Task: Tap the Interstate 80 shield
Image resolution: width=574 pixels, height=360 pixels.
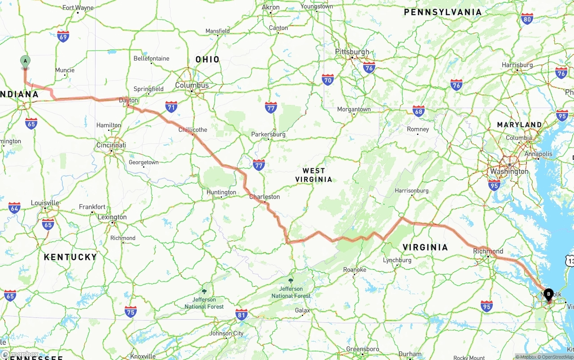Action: (527, 19)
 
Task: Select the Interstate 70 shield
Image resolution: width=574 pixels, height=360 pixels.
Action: (328, 80)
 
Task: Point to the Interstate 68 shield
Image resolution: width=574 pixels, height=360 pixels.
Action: (418, 111)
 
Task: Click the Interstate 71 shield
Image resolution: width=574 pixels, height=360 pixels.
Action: (171, 107)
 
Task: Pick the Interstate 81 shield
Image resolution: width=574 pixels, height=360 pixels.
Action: (241, 315)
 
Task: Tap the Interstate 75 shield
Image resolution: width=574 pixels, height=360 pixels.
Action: (130, 312)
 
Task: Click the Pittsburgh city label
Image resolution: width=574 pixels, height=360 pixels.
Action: (352, 52)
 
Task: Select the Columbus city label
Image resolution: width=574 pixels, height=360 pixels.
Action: (192, 85)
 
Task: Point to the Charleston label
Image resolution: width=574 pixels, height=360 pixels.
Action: (265, 196)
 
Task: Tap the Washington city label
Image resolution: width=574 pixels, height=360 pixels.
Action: (509, 171)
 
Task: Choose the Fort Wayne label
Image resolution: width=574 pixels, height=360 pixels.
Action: (78, 8)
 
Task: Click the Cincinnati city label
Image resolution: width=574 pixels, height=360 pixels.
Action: (111, 145)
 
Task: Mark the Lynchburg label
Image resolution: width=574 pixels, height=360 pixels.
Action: (397, 260)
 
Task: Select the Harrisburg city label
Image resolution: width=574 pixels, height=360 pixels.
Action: (517, 65)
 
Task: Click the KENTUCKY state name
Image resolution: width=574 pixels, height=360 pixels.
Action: (70, 257)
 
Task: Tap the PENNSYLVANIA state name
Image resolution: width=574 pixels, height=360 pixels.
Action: (443, 12)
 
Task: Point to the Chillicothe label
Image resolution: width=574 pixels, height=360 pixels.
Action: (193, 130)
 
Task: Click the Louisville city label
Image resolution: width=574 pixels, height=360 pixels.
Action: (45, 203)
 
